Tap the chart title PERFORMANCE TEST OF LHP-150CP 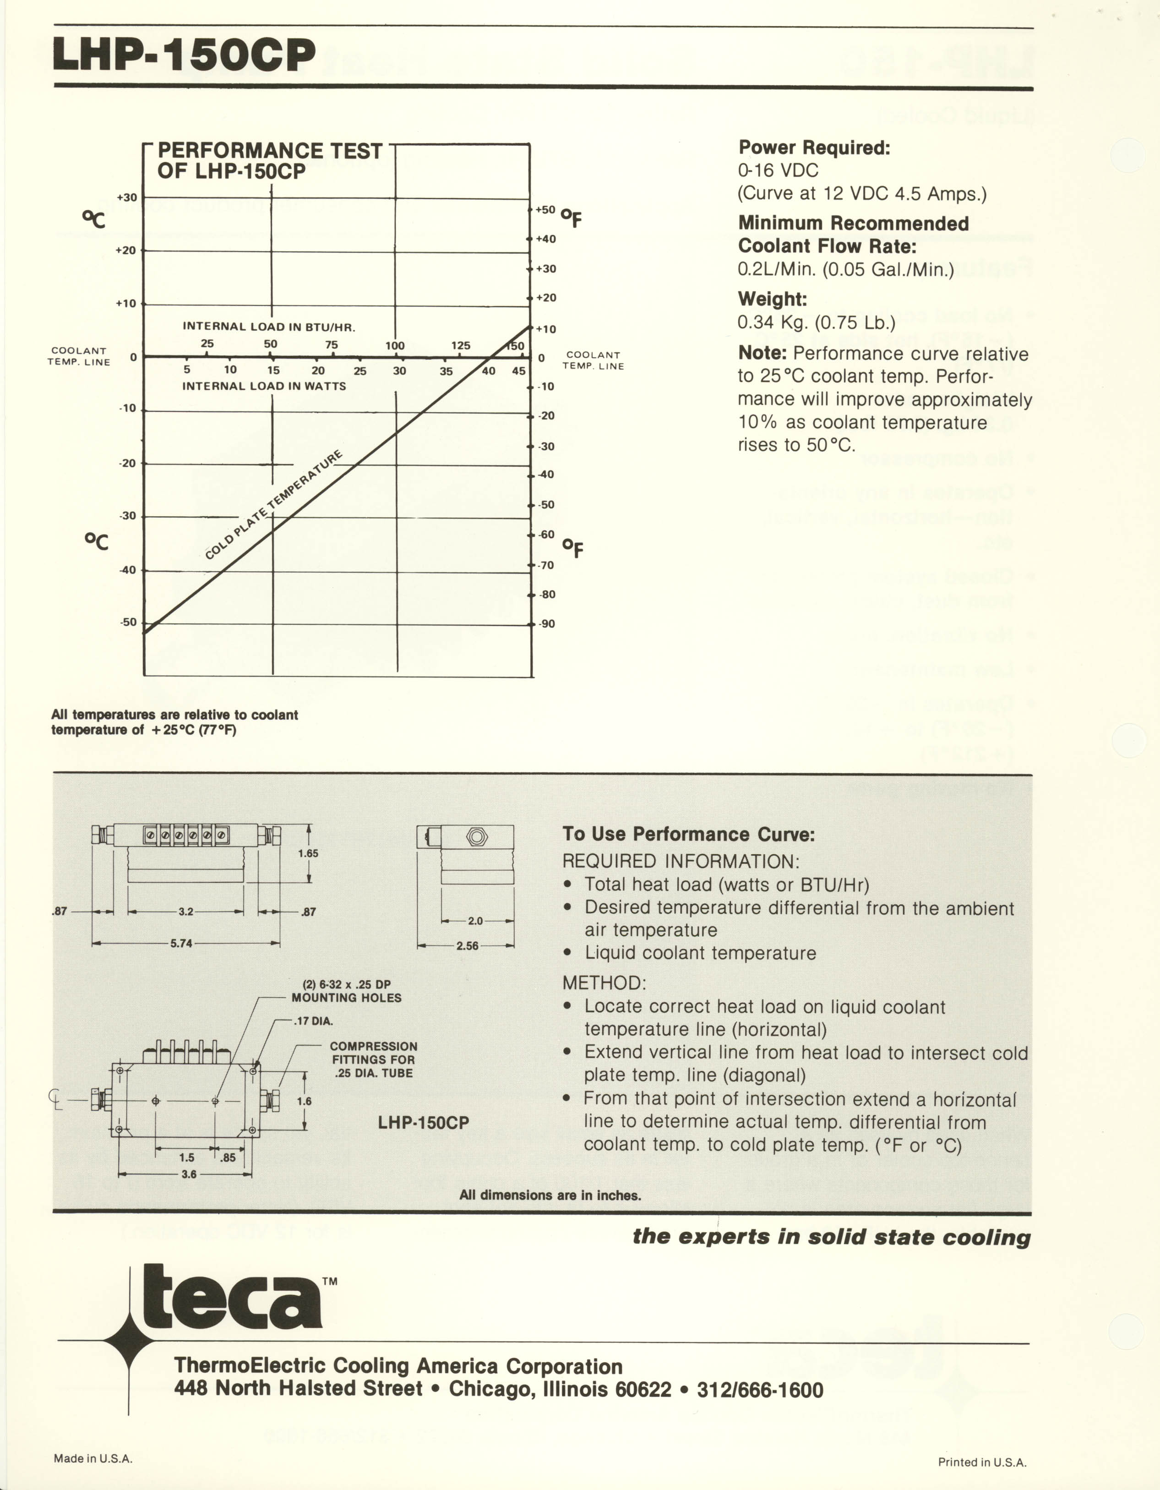pos(269,161)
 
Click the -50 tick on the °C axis pos(128,622)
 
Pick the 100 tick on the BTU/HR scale pos(395,346)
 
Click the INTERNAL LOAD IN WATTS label pos(264,386)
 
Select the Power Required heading pos(814,147)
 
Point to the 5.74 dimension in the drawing pos(181,944)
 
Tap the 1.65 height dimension pos(308,853)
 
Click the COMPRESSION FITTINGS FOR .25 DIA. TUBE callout pos(373,1059)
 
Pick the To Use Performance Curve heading pos(688,835)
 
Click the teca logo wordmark pos(232,1296)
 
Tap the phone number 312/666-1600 pos(760,1391)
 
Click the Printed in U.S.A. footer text pos(982,1462)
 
